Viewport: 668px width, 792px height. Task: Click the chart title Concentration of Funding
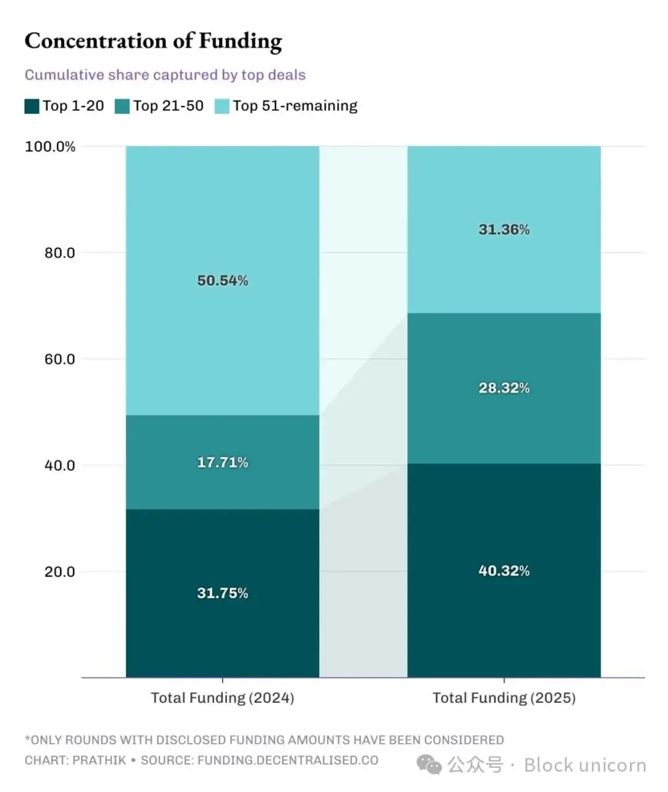pyautogui.click(x=153, y=41)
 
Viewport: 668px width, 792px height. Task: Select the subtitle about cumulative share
pyautogui.click(x=165, y=75)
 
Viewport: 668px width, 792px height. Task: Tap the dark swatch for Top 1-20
pyautogui.click(x=32, y=106)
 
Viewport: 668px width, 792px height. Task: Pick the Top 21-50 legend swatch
pyautogui.click(x=122, y=106)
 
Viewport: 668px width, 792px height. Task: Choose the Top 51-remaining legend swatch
pyautogui.click(x=222, y=106)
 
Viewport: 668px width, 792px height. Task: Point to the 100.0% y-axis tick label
pyautogui.click(x=50, y=147)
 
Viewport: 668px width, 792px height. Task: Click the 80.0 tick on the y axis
pyautogui.click(x=59, y=253)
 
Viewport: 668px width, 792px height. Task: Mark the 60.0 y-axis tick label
pyautogui.click(x=59, y=359)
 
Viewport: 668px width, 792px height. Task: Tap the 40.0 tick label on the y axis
pyautogui.click(x=59, y=465)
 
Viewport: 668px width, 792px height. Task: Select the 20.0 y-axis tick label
pyautogui.click(x=59, y=572)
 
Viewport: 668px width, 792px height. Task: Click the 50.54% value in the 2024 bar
pyautogui.click(x=223, y=281)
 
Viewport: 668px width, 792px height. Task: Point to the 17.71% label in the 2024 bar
pyautogui.click(x=223, y=462)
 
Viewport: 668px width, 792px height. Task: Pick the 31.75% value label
pyautogui.click(x=223, y=593)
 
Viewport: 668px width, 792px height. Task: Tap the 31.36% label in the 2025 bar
pyautogui.click(x=504, y=229)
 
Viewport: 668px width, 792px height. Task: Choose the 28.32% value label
pyautogui.click(x=504, y=388)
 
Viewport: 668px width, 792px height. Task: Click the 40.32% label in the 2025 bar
pyautogui.click(x=504, y=570)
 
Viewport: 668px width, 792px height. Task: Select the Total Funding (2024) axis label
pyautogui.click(x=223, y=698)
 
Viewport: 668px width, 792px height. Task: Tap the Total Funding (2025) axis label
pyautogui.click(x=504, y=698)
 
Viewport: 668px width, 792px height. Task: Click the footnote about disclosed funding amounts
pyautogui.click(x=264, y=740)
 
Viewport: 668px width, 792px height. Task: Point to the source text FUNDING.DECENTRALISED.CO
pyautogui.click(x=288, y=760)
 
